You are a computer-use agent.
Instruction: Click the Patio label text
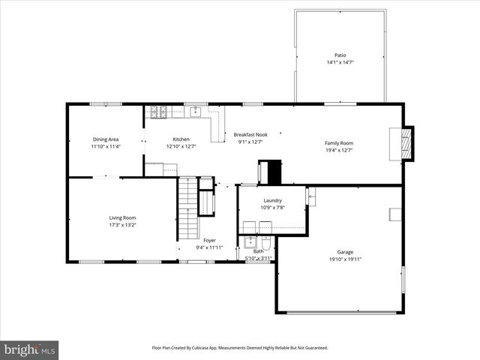(x=340, y=55)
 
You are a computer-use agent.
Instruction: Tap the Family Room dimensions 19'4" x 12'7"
(x=339, y=150)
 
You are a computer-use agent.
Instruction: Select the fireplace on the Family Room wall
(x=405, y=142)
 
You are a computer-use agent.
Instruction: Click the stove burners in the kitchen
(x=159, y=112)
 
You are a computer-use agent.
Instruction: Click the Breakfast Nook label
(x=250, y=134)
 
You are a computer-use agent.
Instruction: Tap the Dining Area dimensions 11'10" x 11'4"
(x=106, y=146)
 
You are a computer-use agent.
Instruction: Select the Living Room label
(x=122, y=217)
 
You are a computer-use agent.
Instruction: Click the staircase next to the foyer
(x=187, y=214)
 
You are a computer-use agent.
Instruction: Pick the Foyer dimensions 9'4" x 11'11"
(x=209, y=247)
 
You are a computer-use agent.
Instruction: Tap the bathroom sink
(x=250, y=242)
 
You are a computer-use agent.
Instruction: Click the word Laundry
(x=271, y=200)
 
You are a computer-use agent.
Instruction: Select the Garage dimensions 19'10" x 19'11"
(x=345, y=259)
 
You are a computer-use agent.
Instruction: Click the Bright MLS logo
(x=30, y=349)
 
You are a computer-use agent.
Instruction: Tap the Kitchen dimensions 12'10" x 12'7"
(x=181, y=146)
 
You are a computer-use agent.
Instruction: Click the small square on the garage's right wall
(x=394, y=214)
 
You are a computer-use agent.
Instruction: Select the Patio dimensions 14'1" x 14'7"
(x=340, y=62)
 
